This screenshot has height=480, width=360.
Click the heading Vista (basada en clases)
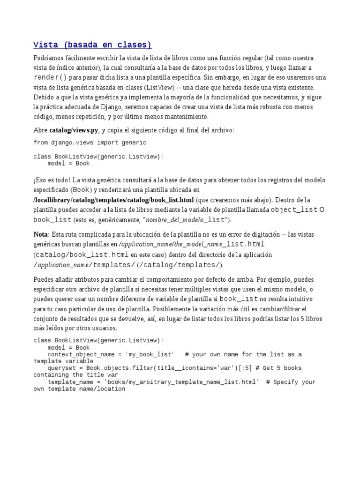coord(92,45)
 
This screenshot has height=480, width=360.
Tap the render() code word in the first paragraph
coord(50,77)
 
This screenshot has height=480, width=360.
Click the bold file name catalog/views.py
coord(74,130)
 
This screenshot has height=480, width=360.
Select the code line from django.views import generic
coord(90,142)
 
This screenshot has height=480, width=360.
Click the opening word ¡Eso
coord(41,180)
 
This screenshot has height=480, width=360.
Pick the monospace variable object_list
coord(294,210)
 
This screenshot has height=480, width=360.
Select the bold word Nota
coord(41,234)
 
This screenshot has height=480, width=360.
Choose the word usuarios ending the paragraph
coord(105,329)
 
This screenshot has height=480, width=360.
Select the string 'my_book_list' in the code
coord(150,354)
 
